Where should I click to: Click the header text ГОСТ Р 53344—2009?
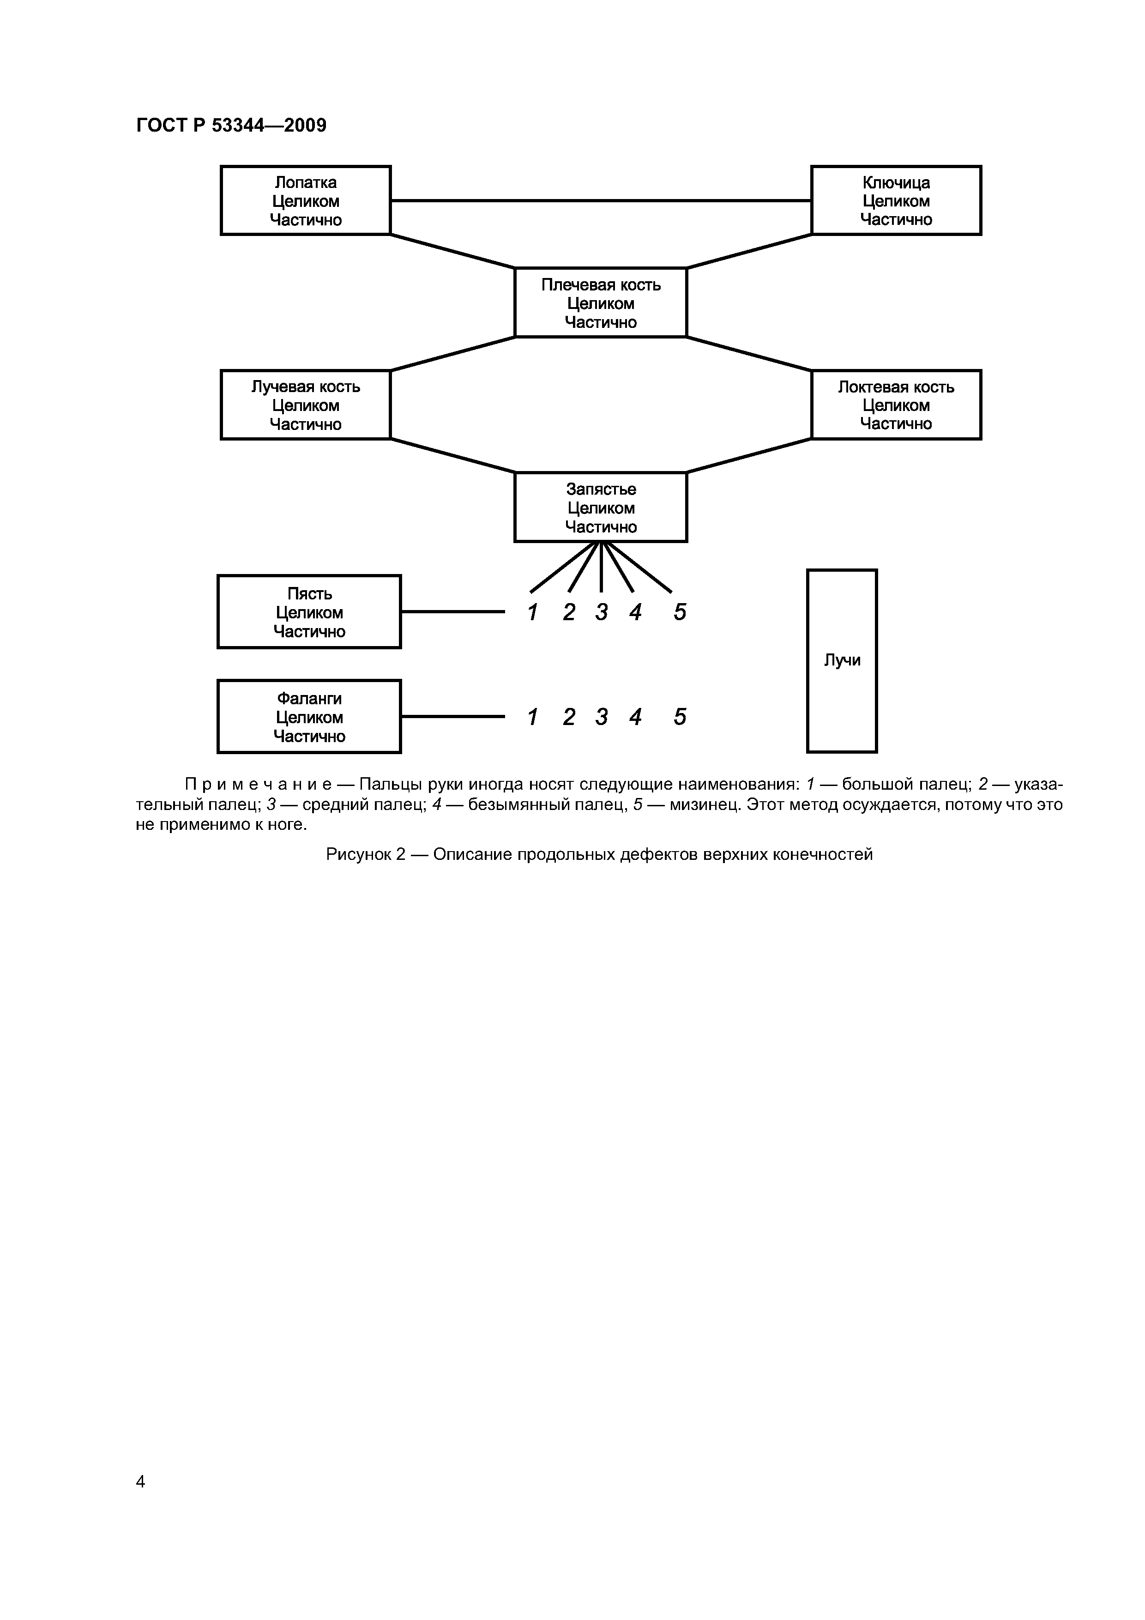(231, 126)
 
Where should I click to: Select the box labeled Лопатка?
(306, 200)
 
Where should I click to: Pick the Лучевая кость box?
(306, 405)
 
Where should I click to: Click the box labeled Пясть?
(309, 612)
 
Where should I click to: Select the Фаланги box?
(309, 717)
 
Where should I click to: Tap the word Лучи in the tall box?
(842, 660)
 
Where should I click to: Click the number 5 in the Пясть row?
(679, 612)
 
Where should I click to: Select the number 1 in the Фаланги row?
(533, 718)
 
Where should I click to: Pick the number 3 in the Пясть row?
(601, 612)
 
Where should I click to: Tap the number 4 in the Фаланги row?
(635, 718)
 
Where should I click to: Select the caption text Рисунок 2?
(366, 854)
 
